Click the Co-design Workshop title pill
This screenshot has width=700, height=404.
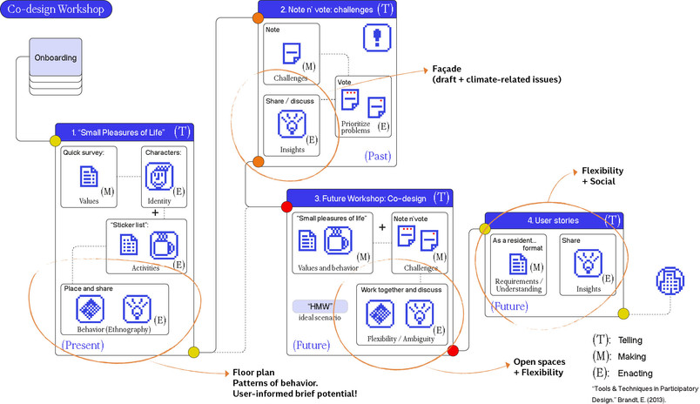pyautogui.click(x=56, y=10)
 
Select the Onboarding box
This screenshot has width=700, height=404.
pyautogui.click(x=56, y=57)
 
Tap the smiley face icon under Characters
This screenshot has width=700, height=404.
pyautogui.click(x=159, y=177)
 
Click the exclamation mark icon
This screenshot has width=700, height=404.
pyautogui.click(x=377, y=37)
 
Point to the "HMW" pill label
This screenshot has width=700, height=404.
pyautogui.click(x=320, y=306)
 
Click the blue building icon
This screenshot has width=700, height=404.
pyautogui.click(x=670, y=280)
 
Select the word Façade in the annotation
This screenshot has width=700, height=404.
pyautogui.click(x=447, y=69)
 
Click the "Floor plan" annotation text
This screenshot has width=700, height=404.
pyautogui.click(x=253, y=373)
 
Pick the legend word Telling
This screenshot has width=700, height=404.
pyautogui.click(x=629, y=340)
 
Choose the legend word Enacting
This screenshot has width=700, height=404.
pyautogui.click(x=635, y=374)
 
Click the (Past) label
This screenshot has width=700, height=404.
pyautogui.click(x=378, y=156)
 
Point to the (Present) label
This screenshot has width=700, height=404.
pyautogui.click(x=83, y=345)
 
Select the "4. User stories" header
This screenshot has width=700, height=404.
pyautogui.click(x=553, y=220)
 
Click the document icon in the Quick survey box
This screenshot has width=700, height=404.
pyautogui.click(x=89, y=176)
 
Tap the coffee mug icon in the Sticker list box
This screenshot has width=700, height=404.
pyautogui.click(x=164, y=245)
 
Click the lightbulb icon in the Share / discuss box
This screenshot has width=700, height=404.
pyautogui.click(x=292, y=124)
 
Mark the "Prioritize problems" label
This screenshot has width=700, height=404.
pyautogui.click(x=356, y=127)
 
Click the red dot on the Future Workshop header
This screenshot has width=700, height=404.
pyautogui.click(x=286, y=206)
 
